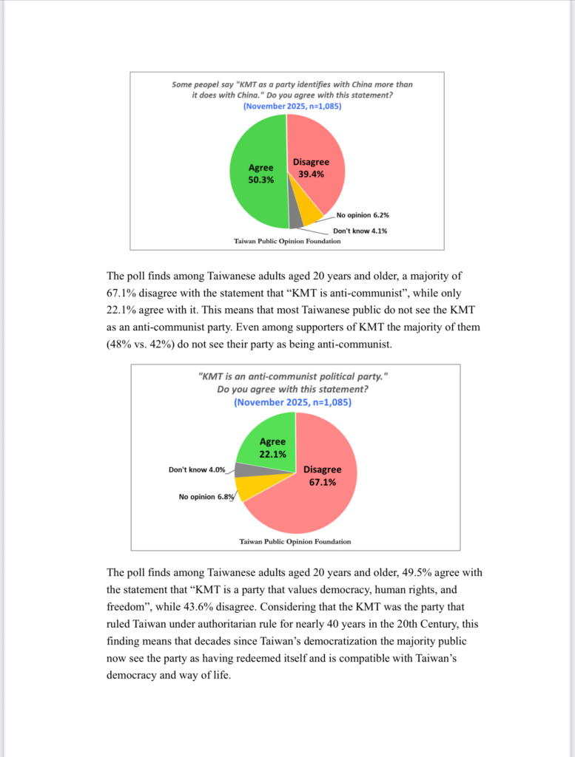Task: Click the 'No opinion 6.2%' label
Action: click(x=363, y=215)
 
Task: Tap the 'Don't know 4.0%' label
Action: click(x=197, y=469)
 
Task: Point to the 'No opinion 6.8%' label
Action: click(x=206, y=497)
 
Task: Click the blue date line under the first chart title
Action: click(x=292, y=106)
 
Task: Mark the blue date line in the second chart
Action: click(x=292, y=403)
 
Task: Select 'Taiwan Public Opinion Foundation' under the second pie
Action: click(x=295, y=541)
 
